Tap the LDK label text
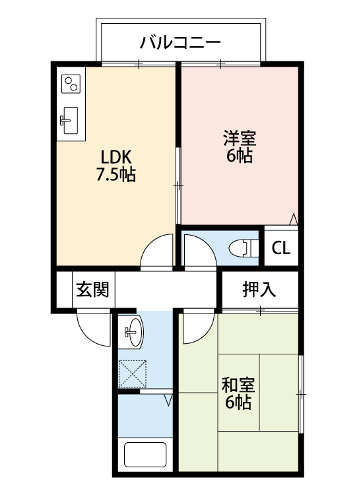117,158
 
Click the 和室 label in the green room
238,385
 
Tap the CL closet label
280,249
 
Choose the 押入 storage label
259,289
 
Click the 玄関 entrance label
92,290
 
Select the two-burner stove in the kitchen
71,84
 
